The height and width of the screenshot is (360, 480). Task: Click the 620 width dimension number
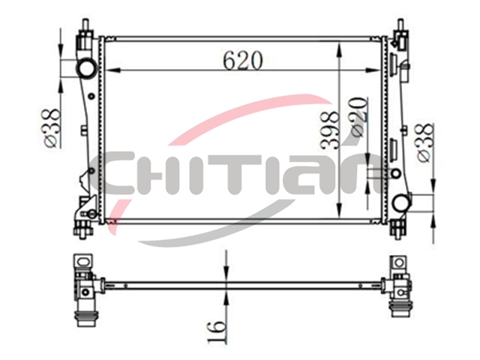tap(242, 60)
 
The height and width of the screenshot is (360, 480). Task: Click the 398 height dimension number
tap(330, 130)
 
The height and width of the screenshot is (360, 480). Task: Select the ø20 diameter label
tap(358, 117)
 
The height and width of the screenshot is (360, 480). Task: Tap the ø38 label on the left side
tap(51, 128)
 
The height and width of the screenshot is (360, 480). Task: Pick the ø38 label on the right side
tap(425, 142)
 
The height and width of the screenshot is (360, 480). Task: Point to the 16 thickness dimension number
tap(217, 331)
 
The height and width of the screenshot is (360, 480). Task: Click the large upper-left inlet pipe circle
tap(87, 68)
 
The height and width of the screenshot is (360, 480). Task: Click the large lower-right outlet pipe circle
tap(402, 203)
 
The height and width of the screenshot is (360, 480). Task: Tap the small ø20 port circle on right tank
tap(395, 173)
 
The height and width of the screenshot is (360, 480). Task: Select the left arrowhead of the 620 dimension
tap(112, 70)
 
